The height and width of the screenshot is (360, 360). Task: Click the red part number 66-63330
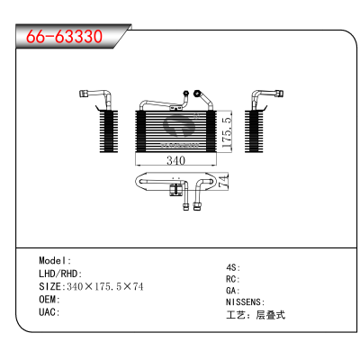point(64,36)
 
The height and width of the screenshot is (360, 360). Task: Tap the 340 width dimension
point(175,160)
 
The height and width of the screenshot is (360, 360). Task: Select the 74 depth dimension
point(223,181)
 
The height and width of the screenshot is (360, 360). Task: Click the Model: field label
point(55,260)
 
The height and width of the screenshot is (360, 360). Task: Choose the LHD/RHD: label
point(60,274)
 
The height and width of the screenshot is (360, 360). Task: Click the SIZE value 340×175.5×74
point(105,286)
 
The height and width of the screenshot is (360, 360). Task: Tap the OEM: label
point(49,299)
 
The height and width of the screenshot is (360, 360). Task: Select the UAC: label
point(49,312)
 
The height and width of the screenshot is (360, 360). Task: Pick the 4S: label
point(233,267)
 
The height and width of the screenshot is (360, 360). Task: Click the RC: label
point(233,279)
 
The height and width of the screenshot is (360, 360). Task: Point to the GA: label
point(233,291)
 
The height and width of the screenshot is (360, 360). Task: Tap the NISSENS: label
point(246,301)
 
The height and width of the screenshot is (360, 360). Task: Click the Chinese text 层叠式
point(270,315)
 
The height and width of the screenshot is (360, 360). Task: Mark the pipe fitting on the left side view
point(83,94)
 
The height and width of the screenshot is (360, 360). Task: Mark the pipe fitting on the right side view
point(280,93)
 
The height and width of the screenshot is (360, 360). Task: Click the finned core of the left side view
point(109,131)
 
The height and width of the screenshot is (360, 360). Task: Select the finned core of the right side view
point(254,131)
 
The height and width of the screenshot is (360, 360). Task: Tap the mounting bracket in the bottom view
point(175,190)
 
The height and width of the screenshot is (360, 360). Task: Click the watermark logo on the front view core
point(180,128)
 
